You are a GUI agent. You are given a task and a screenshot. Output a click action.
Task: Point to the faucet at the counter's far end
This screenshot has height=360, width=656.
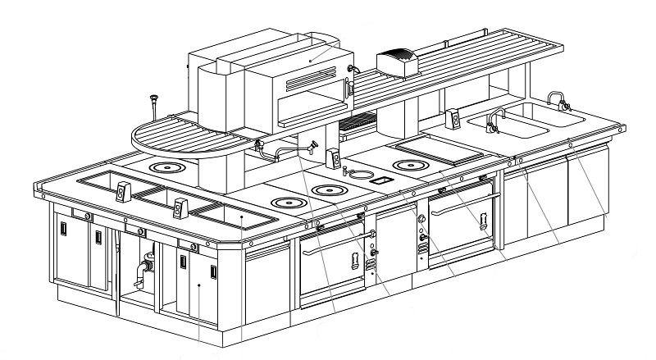[558, 100]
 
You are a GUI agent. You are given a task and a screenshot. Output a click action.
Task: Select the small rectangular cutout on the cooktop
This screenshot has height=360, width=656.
[383, 178]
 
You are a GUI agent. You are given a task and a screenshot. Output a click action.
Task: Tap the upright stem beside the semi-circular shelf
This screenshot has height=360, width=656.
[153, 107]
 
